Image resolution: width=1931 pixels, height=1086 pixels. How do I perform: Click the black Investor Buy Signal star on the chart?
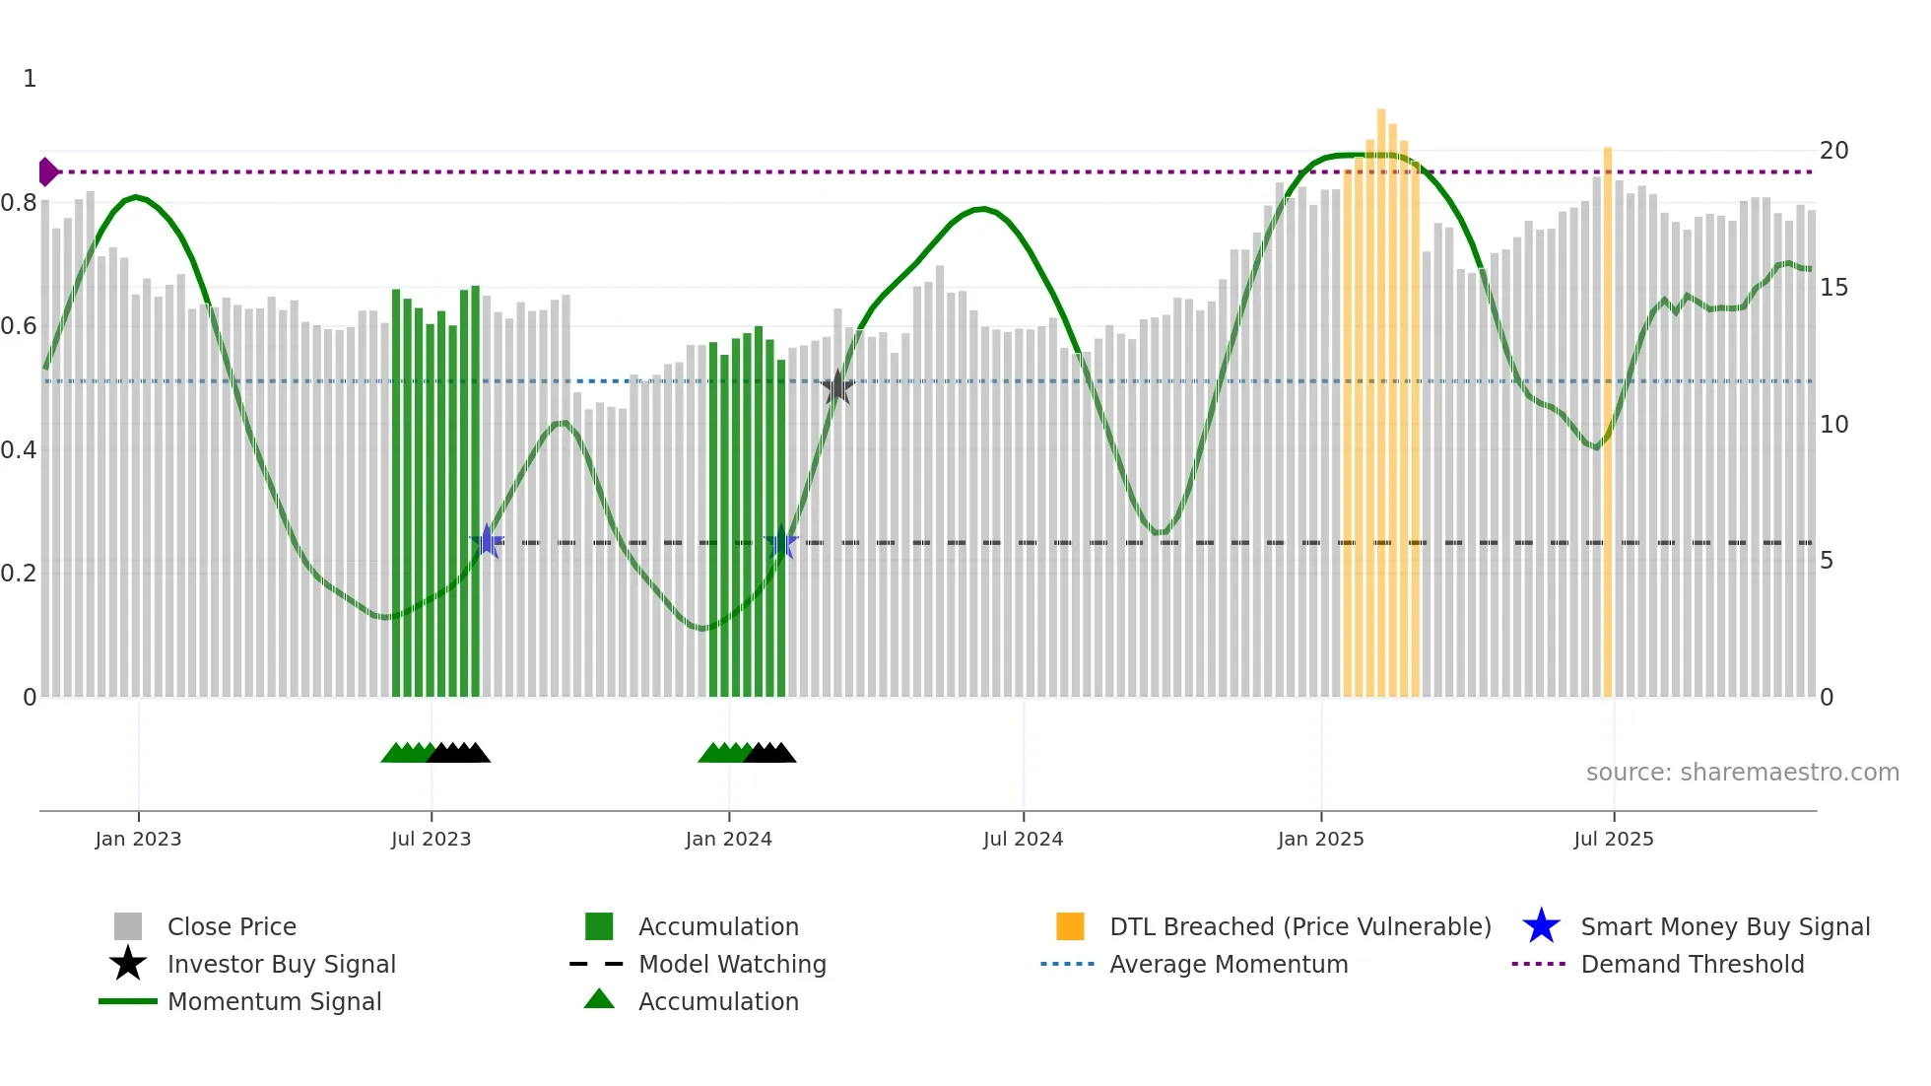point(837,387)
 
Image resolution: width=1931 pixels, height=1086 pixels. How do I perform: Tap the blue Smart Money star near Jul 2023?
point(487,541)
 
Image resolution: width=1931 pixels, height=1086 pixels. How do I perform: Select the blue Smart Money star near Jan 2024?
point(781,541)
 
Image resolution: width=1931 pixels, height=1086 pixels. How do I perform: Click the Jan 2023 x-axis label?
point(138,839)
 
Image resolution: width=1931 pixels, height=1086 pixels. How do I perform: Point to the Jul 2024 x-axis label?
point(1023,839)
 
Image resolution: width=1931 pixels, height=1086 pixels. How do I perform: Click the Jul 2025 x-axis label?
point(1613,839)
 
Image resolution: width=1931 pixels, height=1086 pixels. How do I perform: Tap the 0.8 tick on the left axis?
point(19,203)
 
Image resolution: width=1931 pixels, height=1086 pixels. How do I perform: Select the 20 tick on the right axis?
point(1833,151)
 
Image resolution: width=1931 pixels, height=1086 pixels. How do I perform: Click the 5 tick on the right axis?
point(1827,561)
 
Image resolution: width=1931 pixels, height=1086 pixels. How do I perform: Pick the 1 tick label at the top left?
point(30,79)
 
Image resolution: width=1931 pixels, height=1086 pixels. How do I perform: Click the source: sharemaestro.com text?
point(1742,773)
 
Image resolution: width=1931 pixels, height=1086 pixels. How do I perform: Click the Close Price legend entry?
point(232,926)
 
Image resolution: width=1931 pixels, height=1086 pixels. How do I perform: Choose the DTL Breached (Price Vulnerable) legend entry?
point(1299,926)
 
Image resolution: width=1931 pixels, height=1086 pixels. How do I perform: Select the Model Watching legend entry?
point(732,964)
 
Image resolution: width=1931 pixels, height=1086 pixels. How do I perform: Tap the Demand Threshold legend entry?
point(1692,964)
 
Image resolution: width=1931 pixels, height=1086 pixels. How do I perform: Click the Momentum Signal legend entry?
point(274,1001)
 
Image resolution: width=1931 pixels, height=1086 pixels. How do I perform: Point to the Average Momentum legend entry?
point(1228,964)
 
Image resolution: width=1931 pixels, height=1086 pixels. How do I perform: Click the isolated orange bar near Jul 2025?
point(1608,424)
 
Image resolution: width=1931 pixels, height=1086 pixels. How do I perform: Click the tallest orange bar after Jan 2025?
point(1381,404)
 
